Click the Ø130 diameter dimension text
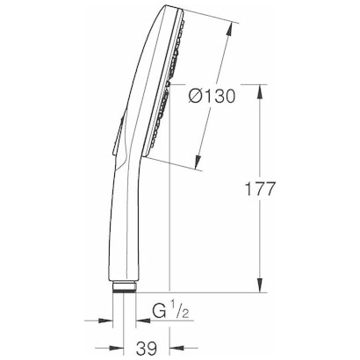coord(211,97)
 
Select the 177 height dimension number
coord(262,188)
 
